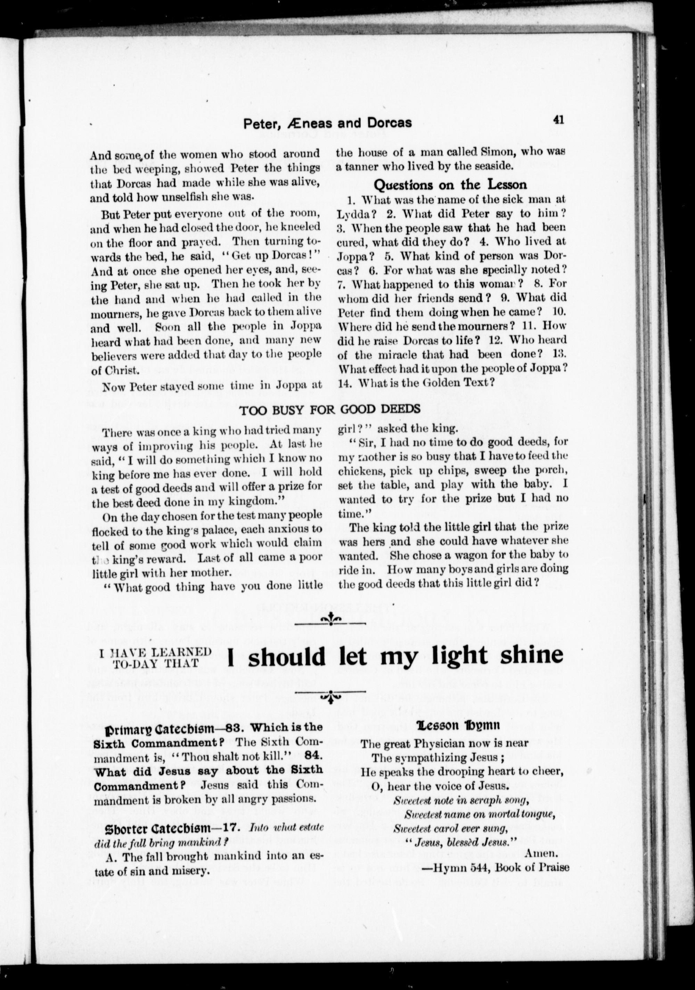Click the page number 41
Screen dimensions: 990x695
coord(558,121)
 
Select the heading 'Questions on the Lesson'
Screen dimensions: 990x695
coord(450,185)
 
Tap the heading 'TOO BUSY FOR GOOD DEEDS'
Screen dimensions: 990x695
coord(330,409)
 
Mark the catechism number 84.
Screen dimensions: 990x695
coord(313,755)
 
